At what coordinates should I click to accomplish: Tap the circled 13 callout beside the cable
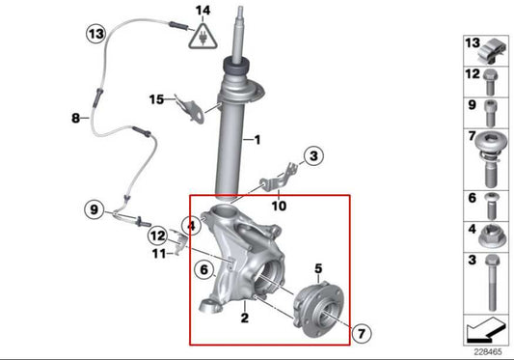(x=95, y=34)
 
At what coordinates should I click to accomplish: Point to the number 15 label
(x=156, y=98)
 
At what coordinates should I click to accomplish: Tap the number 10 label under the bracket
(x=279, y=205)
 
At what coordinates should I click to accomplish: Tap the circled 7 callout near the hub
(x=360, y=333)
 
